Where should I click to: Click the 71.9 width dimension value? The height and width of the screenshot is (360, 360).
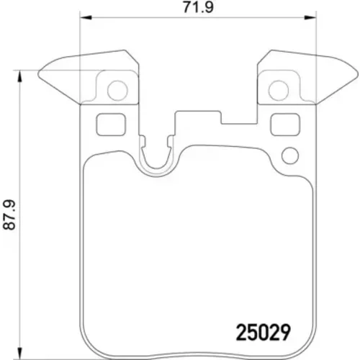198,7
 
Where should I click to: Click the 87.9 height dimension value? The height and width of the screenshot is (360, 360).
9,215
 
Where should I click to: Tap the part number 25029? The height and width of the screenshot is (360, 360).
264,333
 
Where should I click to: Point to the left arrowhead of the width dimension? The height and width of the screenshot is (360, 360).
86,17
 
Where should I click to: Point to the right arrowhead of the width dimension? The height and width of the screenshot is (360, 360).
310,17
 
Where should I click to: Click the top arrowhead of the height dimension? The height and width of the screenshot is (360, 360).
20,76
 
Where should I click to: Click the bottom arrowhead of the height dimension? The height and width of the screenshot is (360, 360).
20,353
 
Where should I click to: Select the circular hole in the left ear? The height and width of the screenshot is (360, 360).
117,91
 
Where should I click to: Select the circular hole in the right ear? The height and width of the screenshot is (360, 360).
279,91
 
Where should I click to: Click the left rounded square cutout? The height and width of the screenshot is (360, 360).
111,125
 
